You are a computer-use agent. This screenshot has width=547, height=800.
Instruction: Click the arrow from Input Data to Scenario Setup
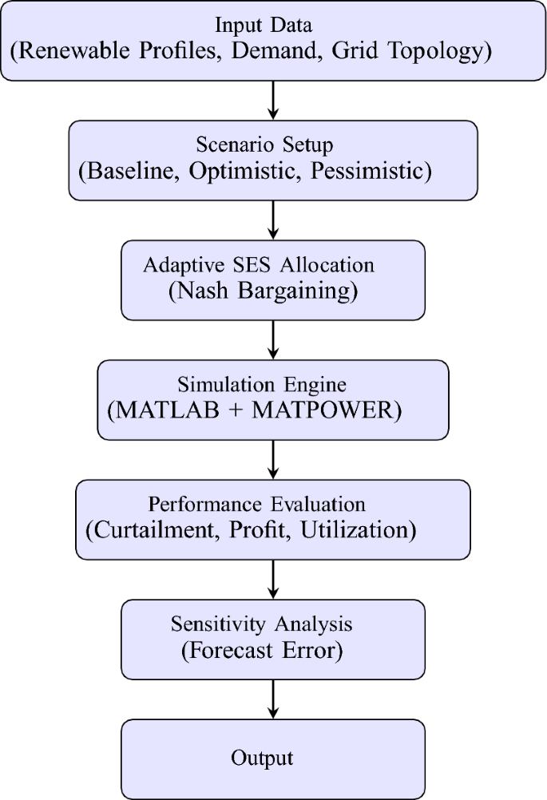[x=274, y=100]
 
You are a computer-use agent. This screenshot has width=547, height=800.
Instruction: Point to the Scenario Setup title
[x=264, y=145]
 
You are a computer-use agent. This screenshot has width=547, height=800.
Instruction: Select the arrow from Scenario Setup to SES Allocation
[x=274, y=220]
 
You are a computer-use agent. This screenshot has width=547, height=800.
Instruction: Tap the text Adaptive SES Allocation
[x=258, y=265]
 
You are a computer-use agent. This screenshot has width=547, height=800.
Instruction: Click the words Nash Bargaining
[x=263, y=291]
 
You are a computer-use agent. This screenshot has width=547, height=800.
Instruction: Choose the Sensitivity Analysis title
[x=261, y=624]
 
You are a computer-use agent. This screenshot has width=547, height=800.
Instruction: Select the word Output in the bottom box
[x=262, y=757]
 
